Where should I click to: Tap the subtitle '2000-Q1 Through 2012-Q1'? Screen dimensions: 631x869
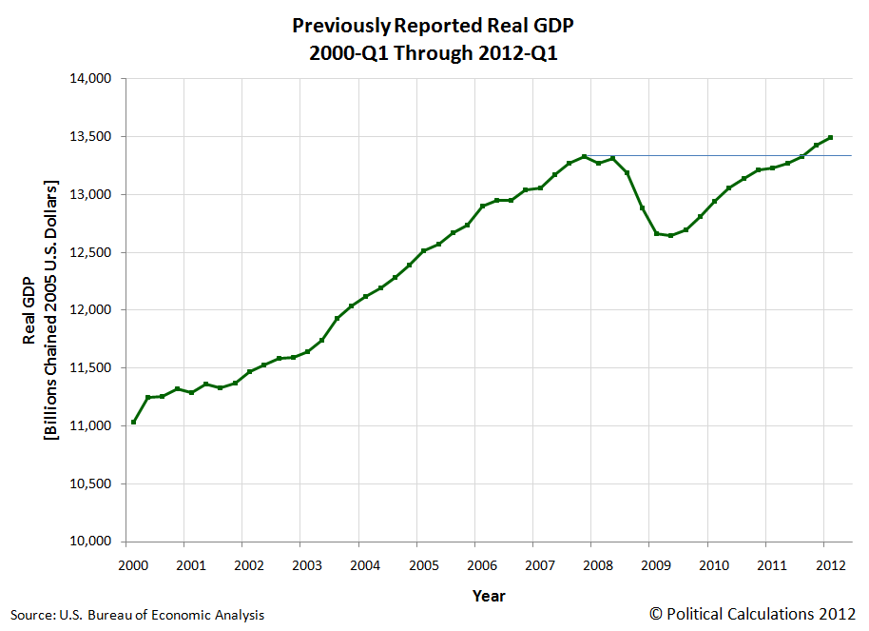coord(433,52)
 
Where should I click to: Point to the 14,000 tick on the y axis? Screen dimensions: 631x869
coord(93,79)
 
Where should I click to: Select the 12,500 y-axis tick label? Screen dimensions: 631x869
coord(93,252)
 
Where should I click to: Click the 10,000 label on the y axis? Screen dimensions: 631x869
coord(93,542)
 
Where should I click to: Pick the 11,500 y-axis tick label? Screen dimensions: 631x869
coord(93,368)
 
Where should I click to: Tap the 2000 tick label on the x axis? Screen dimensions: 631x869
coord(133,565)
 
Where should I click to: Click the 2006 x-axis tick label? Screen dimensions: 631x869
coord(481,565)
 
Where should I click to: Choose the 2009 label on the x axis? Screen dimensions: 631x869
coord(655,565)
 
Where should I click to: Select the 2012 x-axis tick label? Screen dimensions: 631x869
coord(830,565)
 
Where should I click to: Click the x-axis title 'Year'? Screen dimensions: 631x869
coord(489,597)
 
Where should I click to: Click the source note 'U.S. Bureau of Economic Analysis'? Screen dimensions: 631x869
coord(162,615)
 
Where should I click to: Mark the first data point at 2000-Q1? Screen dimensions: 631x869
coord(133,422)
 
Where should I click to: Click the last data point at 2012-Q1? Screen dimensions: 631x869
coord(831,137)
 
